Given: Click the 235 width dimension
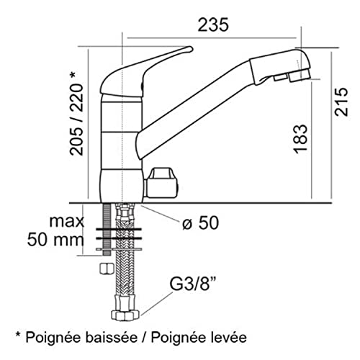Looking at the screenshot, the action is (213, 25).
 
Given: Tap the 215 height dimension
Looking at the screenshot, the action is (341, 102).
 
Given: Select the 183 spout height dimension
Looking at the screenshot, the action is (300, 139).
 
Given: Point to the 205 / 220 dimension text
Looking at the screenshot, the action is (76, 120).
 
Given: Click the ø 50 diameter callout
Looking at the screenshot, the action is (200, 222).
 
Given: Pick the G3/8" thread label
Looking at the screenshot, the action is (192, 284).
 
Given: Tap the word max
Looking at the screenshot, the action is (67, 222).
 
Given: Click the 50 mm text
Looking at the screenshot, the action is (55, 240).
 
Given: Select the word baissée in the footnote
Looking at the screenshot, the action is (112, 338).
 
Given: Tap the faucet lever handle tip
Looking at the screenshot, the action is (191, 49).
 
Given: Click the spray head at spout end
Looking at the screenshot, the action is (280, 66).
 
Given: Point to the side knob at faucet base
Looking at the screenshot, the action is (161, 183).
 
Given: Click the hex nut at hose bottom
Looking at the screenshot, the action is (125, 315).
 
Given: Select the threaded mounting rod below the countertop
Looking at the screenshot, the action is (107, 229).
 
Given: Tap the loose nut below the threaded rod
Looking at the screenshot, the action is (107, 268).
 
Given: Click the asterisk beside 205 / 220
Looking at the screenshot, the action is (73, 75).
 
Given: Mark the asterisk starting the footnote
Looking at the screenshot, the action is (18, 334).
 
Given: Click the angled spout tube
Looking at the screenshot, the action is (193, 109).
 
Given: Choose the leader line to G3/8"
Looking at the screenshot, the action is (156, 303).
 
